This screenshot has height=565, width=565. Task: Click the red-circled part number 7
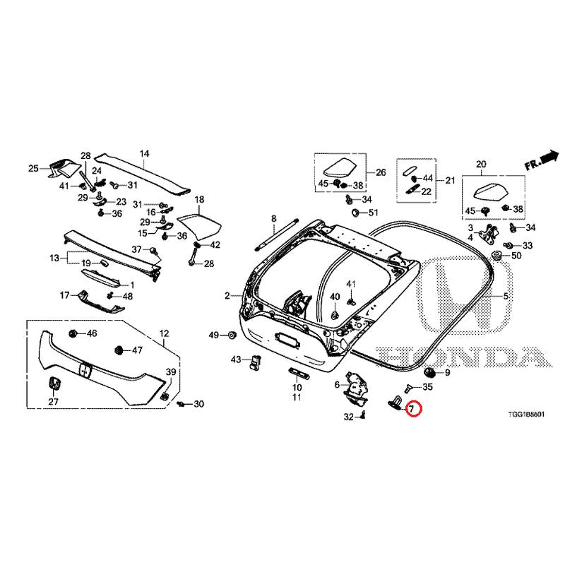coord(412,409)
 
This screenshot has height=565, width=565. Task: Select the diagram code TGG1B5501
coord(526,415)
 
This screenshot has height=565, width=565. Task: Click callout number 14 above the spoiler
coord(144,154)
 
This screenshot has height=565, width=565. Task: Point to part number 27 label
coord(54,401)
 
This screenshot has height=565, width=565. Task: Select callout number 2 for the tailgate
coord(227,296)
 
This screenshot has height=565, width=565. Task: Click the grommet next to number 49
coord(232,335)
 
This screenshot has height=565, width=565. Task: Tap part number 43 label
coord(236,359)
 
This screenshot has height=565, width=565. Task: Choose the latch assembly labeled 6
coord(355,387)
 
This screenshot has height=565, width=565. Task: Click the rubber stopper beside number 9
coord(429,371)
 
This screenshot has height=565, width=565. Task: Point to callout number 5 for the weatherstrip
coord(506,296)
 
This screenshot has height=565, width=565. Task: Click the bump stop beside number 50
coord(497,256)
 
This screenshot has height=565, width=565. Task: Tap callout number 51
coord(374,213)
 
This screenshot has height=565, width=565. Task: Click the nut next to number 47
coord(117,350)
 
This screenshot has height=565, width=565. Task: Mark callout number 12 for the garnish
coord(164,333)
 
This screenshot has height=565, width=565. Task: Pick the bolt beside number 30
coord(182,405)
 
